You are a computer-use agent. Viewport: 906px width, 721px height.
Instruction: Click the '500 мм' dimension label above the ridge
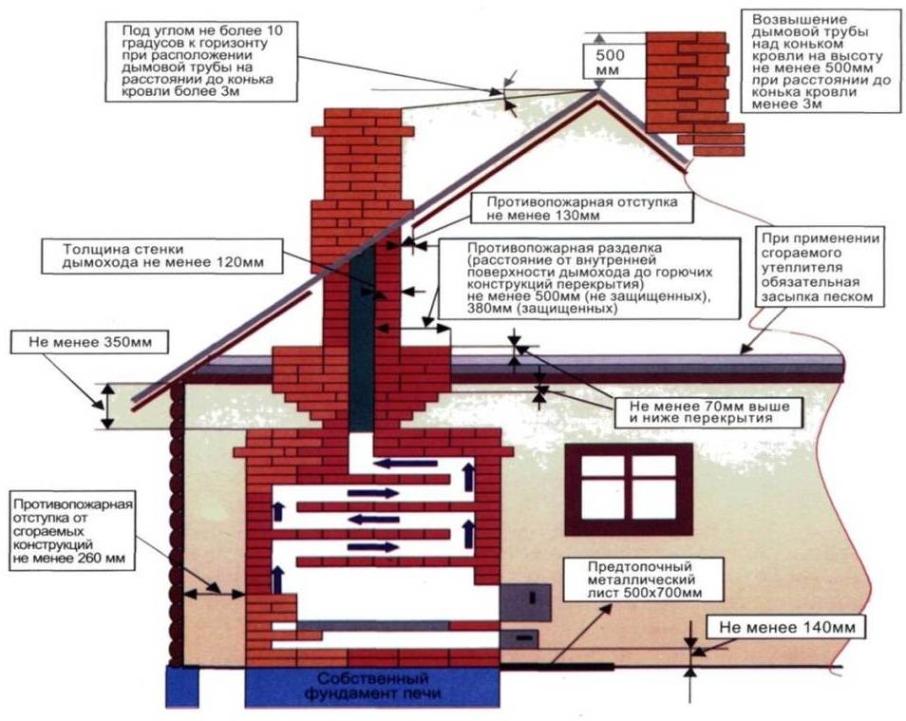pyautogui.click(x=610, y=63)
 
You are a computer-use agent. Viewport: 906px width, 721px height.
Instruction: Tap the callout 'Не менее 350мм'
pyautogui.click(x=90, y=342)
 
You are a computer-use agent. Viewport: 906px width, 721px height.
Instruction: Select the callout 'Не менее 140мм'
pyautogui.click(x=784, y=627)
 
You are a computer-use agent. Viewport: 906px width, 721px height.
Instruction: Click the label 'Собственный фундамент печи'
pyautogui.click(x=372, y=685)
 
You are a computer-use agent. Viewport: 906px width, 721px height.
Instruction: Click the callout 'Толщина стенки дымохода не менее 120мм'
pyautogui.click(x=162, y=256)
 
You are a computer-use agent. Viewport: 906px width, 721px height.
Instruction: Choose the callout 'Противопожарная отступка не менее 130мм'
pyautogui.click(x=582, y=208)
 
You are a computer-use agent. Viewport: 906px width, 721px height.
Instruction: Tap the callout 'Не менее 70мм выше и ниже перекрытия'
pyautogui.click(x=708, y=411)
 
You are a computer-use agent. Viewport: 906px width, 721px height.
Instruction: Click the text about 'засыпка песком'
pyautogui.click(x=820, y=267)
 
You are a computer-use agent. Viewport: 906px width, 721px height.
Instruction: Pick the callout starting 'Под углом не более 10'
pyautogui.click(x=201, y=61)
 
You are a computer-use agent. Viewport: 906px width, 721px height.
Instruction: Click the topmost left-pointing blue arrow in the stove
pyautogui.click(x=406, y=464)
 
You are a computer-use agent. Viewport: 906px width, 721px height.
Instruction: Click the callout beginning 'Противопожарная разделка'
pyautogui.click(x=589, y=278)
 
